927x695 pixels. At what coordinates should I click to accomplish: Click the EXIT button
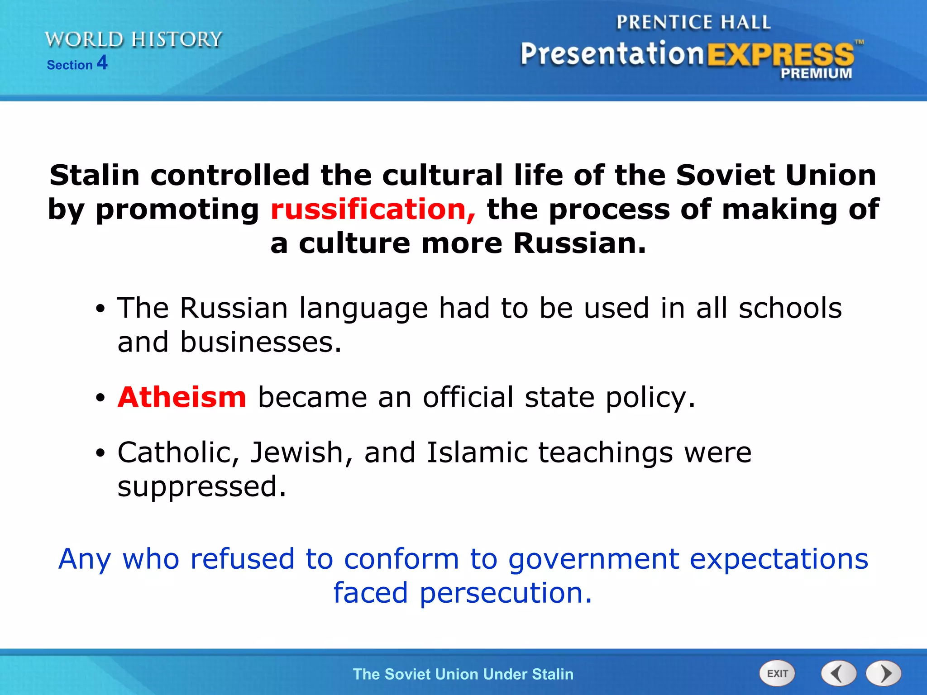tap(777, 673)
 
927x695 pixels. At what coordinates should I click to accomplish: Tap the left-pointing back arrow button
tap(838, 673)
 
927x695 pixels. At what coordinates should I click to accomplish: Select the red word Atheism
tap(182, 397)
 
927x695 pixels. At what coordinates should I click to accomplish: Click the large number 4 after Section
tap(102, 62)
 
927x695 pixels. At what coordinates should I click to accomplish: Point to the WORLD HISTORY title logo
tap(134, 40)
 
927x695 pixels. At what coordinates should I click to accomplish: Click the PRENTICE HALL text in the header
tap(693, 22)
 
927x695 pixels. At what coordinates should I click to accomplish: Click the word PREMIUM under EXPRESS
tap(816, 73)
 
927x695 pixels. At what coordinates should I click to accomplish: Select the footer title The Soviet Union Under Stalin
tap(463, 674)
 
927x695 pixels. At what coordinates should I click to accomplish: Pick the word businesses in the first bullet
tap(261, 342)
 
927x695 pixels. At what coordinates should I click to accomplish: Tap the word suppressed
tap(201, 487)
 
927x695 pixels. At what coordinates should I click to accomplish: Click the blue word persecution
tap(506, 593)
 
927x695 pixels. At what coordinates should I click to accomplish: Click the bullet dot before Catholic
tap(100, 453)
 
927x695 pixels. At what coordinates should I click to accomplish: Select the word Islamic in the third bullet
tap(477, 452)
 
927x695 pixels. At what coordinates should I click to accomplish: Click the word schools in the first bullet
tap(790, 308)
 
